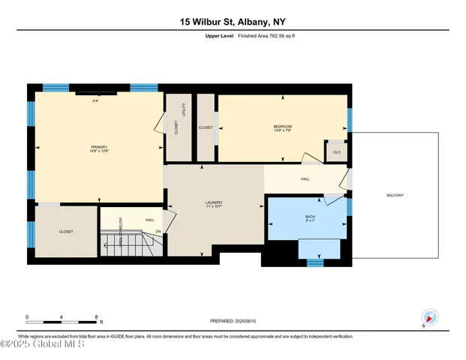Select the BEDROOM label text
click(x=281, y=127)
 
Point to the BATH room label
click(x=309, y=217)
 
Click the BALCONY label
click(x=395, y=196)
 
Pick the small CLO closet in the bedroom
click(x=336, y=152)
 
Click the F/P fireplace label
click(x=95, y=100)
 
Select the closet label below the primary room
click(x=66, y=232)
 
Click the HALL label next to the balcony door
click(x=305, y=178)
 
